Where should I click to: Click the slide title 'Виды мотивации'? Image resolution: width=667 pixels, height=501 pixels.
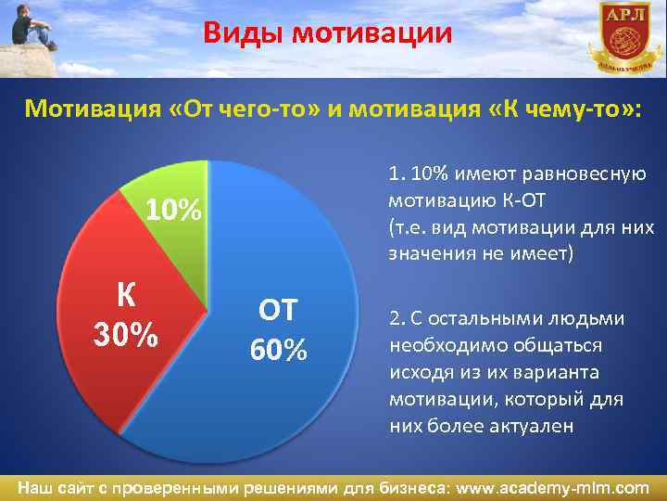coord(329,34)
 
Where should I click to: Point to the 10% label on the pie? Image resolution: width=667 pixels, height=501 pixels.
coord(174,212)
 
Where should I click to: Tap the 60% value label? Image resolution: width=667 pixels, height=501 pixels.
coord(277,351)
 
